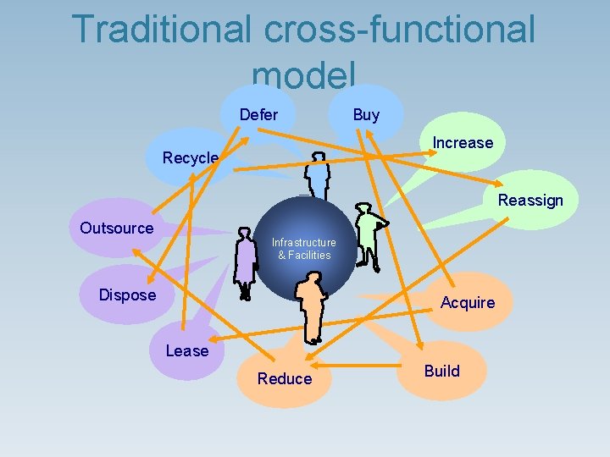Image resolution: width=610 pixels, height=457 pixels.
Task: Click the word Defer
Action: click(258, 114)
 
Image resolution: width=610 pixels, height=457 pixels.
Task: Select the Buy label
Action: click(366, 114)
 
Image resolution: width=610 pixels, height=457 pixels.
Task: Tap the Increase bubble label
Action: click(462, 143)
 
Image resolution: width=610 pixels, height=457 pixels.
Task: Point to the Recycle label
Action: click(191, 158)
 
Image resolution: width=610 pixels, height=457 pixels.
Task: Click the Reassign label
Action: click(530, 201)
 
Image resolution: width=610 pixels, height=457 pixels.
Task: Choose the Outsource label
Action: click(117, 228)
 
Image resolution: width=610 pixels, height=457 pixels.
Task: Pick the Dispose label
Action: click(128, 295)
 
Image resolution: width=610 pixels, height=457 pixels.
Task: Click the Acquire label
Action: click(468, 303)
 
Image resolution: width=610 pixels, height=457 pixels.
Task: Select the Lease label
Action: click(187, 350)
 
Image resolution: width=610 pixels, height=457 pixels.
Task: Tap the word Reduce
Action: click(285, 379)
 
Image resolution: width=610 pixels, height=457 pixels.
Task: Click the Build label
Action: click(441, 371)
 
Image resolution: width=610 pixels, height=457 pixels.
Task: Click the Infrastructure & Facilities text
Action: click(303, 249)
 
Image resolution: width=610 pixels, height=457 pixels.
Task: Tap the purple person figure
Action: click(246, 264)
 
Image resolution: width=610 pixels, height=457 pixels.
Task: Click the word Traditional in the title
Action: click(161, 29)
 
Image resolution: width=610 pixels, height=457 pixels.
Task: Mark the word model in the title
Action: click(303, 76)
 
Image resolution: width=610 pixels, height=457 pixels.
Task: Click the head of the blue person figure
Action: click(318, 157)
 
